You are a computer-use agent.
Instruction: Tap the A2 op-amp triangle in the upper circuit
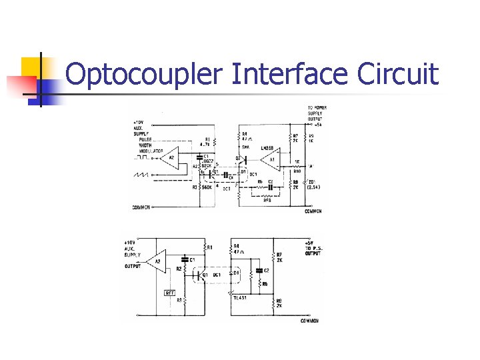click(170, 158)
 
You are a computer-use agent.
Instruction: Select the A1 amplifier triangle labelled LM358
click(268, 160)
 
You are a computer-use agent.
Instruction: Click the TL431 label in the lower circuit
click(239, 298)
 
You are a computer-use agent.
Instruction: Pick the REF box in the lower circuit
click(170, 293)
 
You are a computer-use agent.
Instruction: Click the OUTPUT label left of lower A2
click(133, 267)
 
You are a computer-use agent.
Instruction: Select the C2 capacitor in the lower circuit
click(259, 271)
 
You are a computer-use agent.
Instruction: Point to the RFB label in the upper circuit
click(267, 199)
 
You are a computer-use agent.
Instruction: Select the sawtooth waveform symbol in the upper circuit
click(143, 175)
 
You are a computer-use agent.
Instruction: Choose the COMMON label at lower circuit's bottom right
click(309, 321)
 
